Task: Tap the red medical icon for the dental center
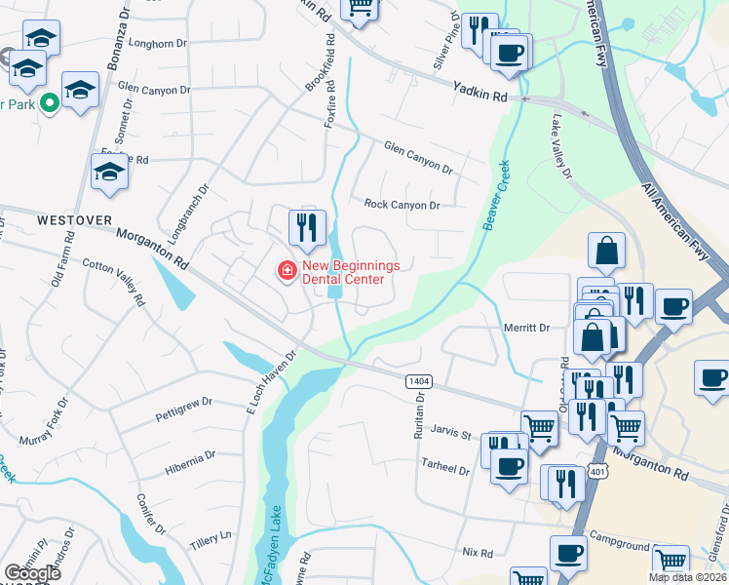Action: (x=287, y=270)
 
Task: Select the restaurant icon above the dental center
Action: (x=307, y=228)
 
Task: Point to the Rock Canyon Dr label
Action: (x=402, y=205)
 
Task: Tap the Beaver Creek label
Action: (x=495, y=196)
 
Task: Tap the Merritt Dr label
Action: (x=526, y=329)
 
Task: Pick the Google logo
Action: (x=32, y=573)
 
